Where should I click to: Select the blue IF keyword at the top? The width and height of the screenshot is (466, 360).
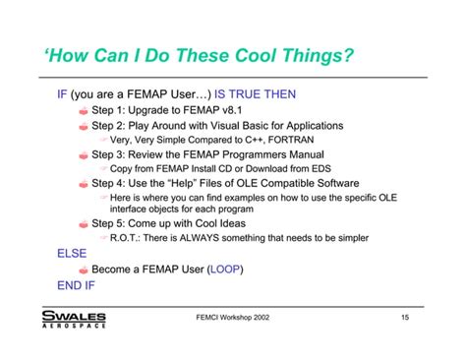(61, 97)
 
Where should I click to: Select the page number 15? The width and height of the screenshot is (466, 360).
(405, 317)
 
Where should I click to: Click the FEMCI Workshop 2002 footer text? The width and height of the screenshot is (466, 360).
(233, 317)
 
